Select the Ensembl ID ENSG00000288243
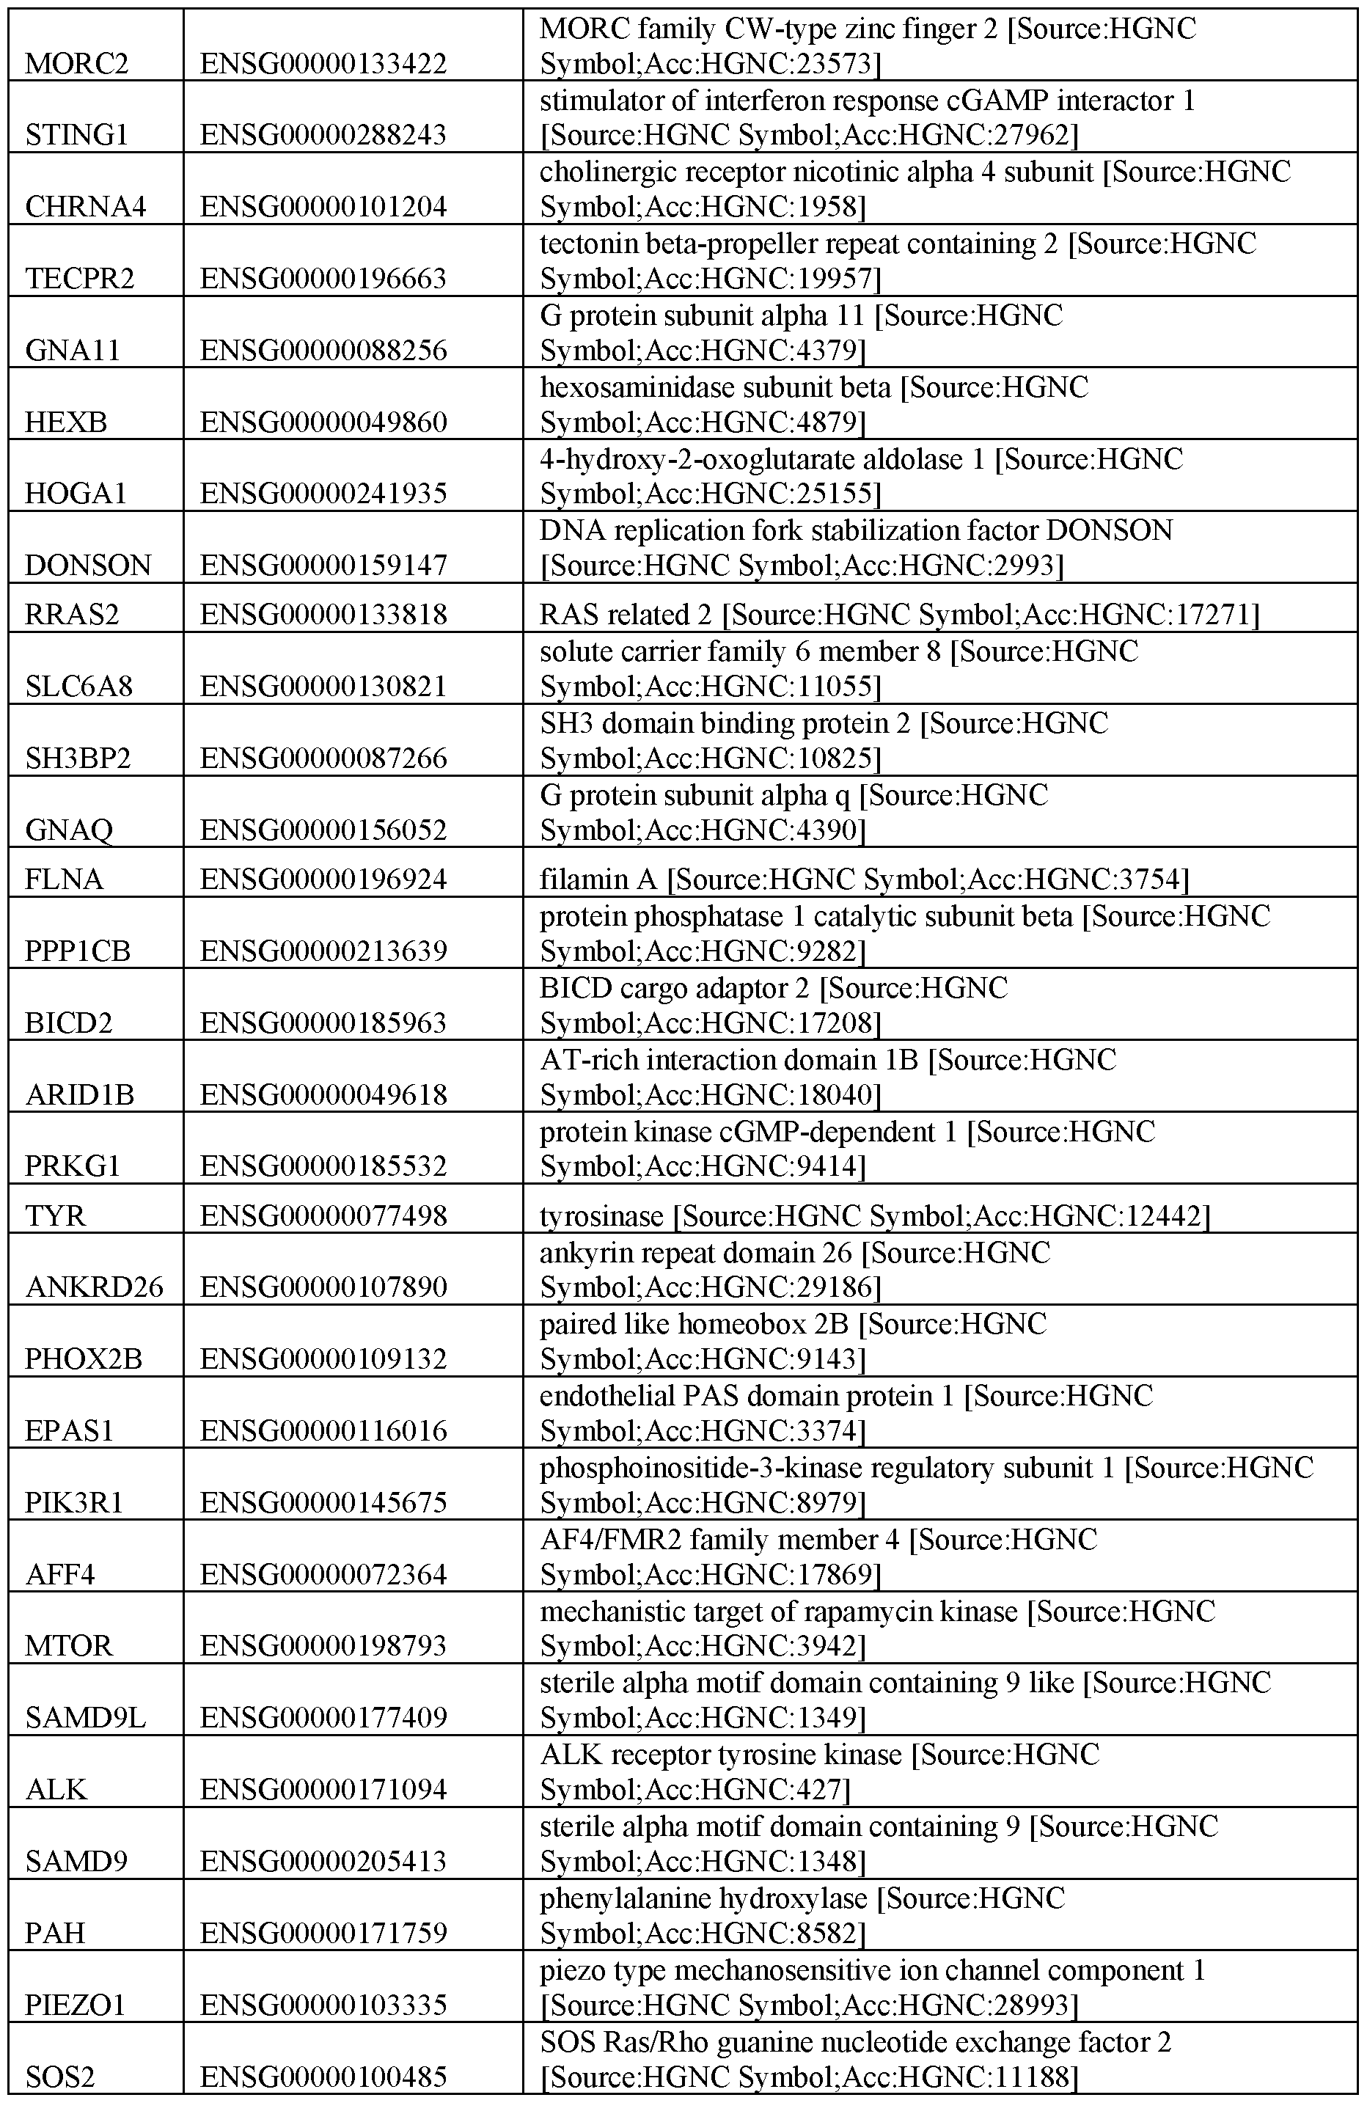[323, 135]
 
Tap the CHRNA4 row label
[85, 207]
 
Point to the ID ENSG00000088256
[323, 351]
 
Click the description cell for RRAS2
[898, 614]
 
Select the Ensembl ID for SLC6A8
[323, 687]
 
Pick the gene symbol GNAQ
[69, 830]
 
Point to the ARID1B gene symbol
[79, 1096]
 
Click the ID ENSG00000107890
[323, 1287]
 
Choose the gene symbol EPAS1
[69, 1430]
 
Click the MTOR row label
[69, 1646]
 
